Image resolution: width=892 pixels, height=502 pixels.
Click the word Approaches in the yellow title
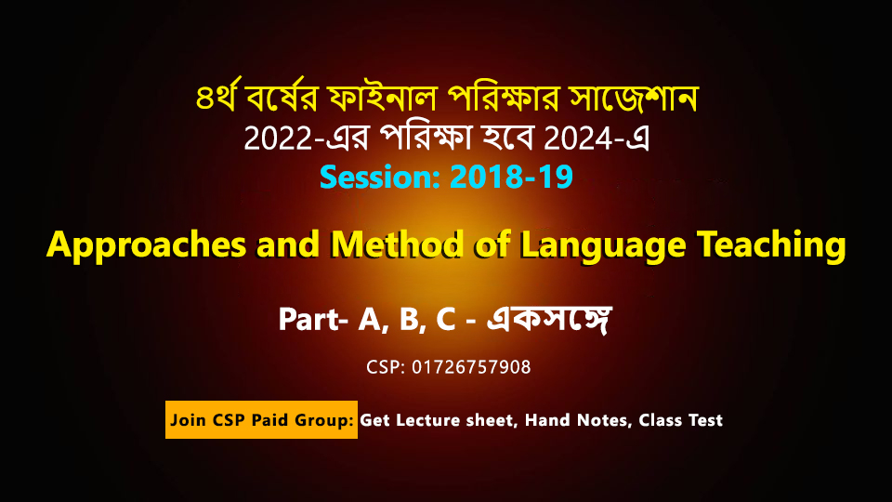[x=147, y=245]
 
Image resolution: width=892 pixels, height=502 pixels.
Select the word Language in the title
[x=603, y=245]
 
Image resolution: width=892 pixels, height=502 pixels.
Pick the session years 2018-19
[x=511, y=177]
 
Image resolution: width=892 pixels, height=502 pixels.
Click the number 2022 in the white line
[x=278, y=139]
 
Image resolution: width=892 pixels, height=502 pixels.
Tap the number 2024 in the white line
[x=578, y=139]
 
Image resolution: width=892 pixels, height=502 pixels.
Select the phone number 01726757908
[x=471, y=367]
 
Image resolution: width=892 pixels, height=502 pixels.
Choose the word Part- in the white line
[x=313, y=319]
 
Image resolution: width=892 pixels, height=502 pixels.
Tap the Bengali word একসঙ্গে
[x=549, y=319]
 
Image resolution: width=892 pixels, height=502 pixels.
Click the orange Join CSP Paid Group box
[x=262, y=419]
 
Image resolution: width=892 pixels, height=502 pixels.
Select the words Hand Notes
[x=577, y=420]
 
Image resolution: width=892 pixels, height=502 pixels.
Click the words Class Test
[x=680, y=420]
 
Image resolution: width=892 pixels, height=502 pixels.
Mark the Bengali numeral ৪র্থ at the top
[x=217, y=96]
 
